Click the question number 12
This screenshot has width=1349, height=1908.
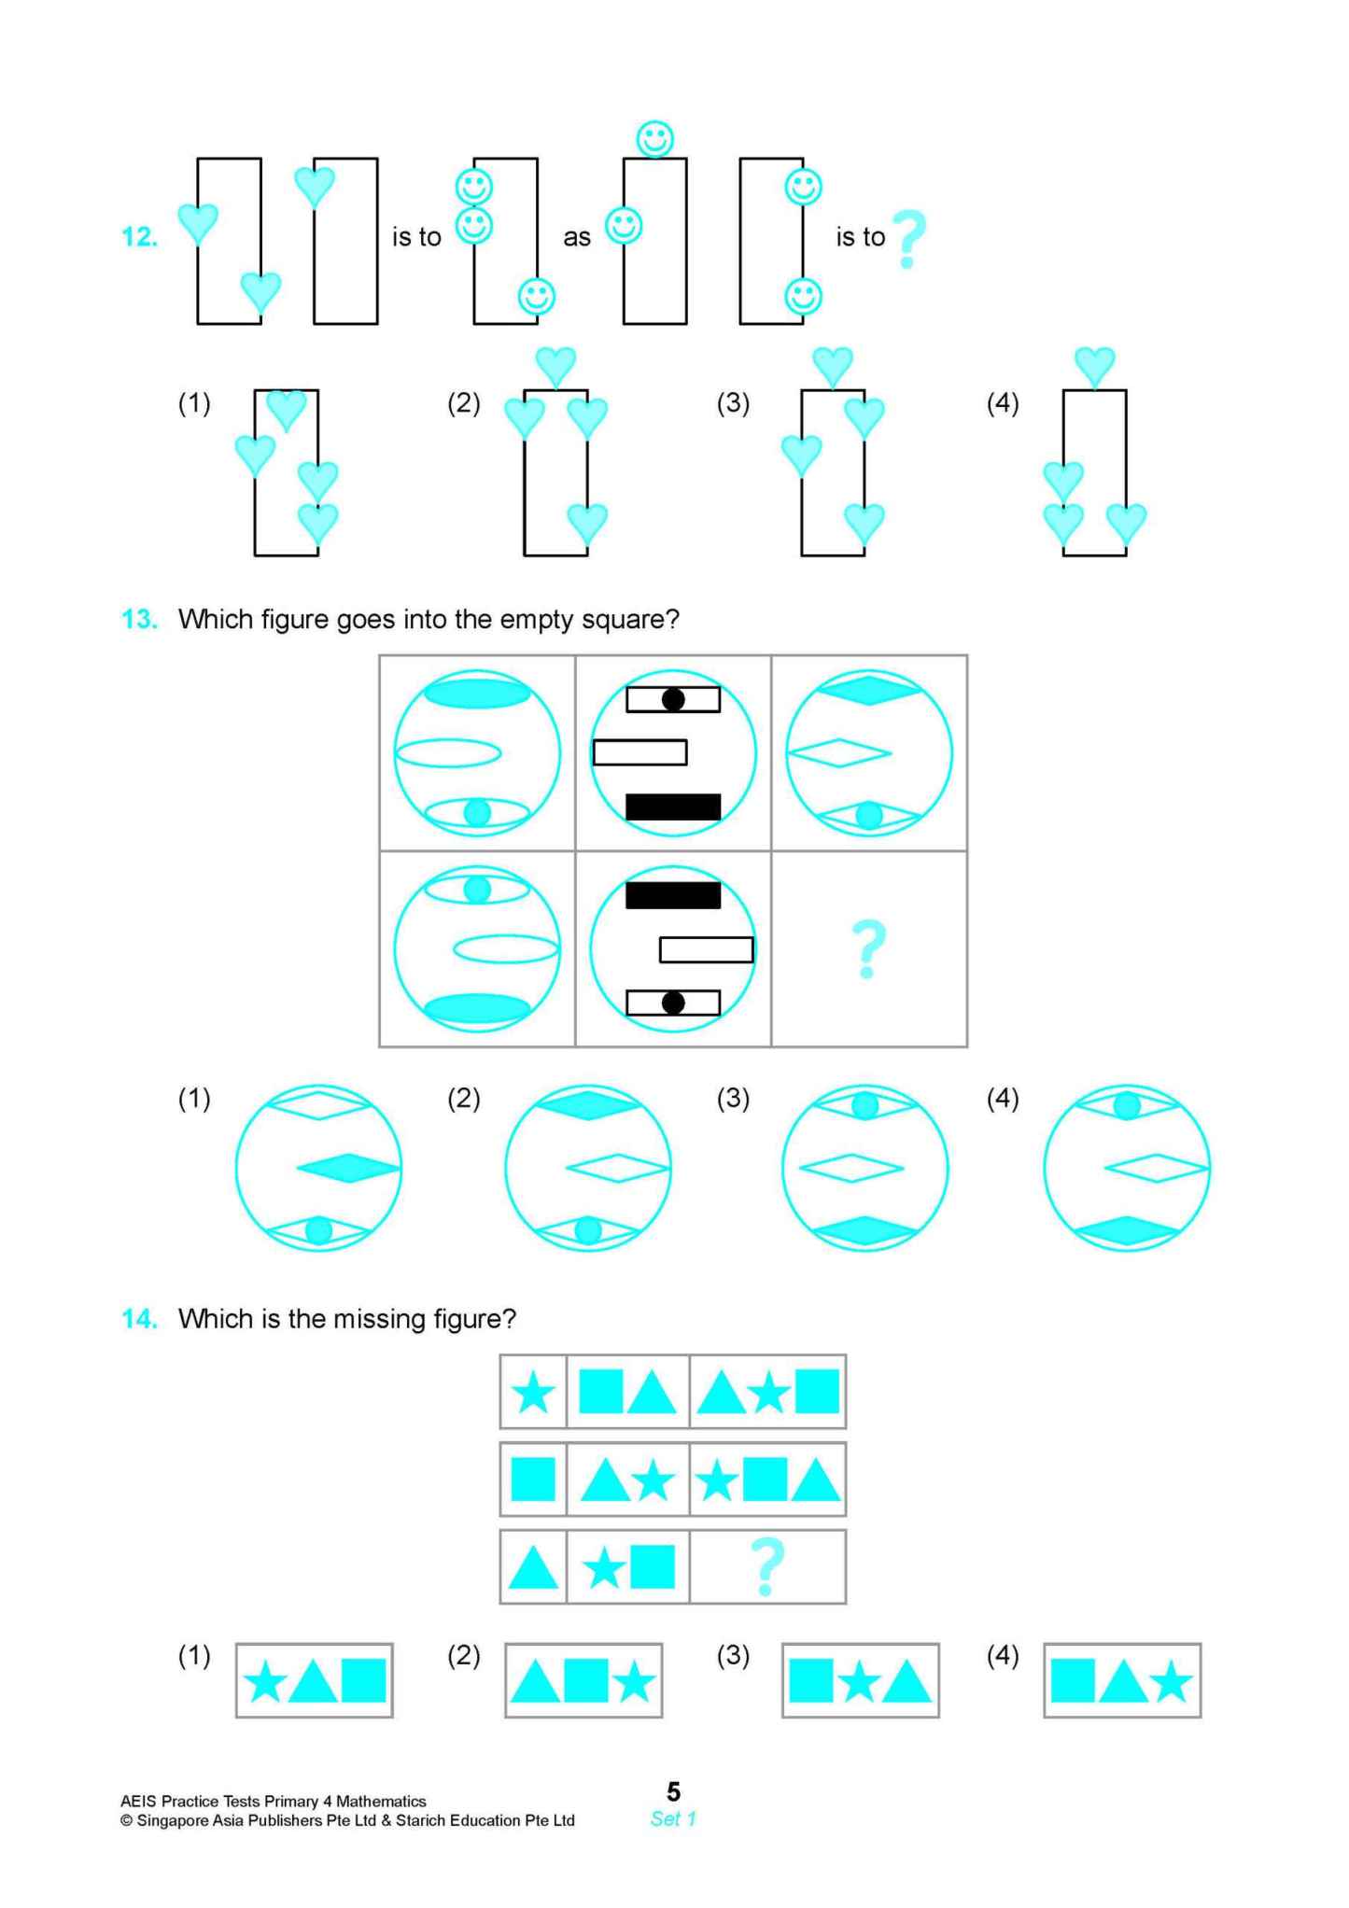point(139,237)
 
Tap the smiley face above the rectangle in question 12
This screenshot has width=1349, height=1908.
point(654,139)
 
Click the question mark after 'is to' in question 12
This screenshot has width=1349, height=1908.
point(907,239)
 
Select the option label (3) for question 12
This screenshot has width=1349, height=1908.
point(733,403)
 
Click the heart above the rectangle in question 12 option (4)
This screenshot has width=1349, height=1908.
point(1094,365)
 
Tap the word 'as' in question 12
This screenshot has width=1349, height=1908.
point(577,238)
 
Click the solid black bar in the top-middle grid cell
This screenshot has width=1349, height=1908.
point(672,807)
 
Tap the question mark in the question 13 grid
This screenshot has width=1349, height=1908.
point(868,948)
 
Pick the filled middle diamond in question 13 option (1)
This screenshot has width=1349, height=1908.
point(348,1168)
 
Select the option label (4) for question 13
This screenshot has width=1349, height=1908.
point(1003,1099)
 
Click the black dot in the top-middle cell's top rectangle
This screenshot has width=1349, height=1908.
point(673,699)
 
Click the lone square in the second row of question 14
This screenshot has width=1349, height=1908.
point(533,1480)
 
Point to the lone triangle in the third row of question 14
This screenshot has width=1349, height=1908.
point(533,1569)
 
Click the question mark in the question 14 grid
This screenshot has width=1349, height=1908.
point(766,1567)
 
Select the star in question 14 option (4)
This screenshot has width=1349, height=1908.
point(1171,1684)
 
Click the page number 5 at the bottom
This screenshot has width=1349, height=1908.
point(673,1791)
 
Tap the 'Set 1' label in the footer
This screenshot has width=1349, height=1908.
point(673,1818)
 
